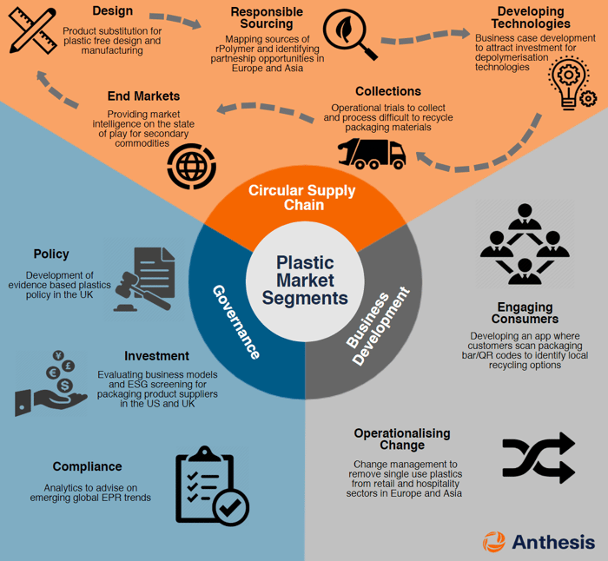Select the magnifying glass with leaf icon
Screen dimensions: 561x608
[349, 34]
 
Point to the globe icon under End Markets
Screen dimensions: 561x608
[191, 165]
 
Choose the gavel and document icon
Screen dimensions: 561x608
[142, 277]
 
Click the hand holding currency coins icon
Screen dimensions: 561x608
[51, 382]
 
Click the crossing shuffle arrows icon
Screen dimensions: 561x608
[539, 457]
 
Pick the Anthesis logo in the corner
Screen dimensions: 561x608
[539, 541]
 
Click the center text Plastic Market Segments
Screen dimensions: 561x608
[303, 280]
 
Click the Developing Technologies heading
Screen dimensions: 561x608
[531, 18]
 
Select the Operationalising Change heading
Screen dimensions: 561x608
[401, 439]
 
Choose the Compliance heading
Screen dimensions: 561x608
[87, 466]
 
